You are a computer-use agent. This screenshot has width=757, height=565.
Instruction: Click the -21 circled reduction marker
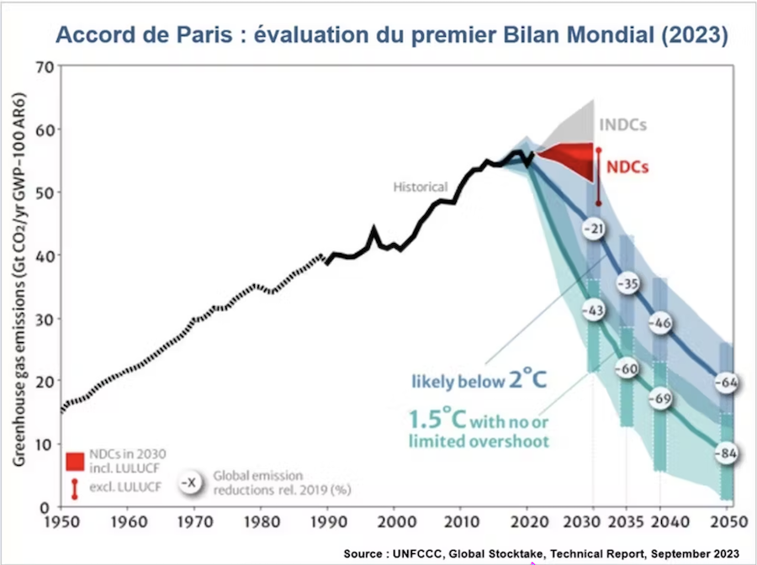pos(595,230)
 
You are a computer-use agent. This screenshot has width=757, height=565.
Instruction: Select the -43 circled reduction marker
pos(594,311)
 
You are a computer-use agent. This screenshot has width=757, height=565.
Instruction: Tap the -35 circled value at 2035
pos(628,283)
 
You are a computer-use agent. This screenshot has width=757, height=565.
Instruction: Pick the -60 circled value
pos(627,368)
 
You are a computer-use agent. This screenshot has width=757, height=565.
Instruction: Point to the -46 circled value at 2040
pos(660,323)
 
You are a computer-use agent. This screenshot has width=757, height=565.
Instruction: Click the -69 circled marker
pos(660,399)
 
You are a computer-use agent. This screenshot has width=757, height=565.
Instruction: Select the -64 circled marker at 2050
pos(726,383)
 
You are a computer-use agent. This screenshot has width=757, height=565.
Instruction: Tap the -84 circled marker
pos(726,454)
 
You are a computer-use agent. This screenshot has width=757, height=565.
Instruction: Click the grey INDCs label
pos(623,124)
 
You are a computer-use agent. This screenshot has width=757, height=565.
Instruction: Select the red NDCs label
pos(627,166)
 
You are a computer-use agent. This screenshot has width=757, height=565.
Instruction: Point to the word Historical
pos(421,187)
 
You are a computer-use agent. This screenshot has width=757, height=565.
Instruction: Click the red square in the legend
pos(75,461)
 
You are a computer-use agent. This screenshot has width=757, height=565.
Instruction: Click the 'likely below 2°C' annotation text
pos(479,379)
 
